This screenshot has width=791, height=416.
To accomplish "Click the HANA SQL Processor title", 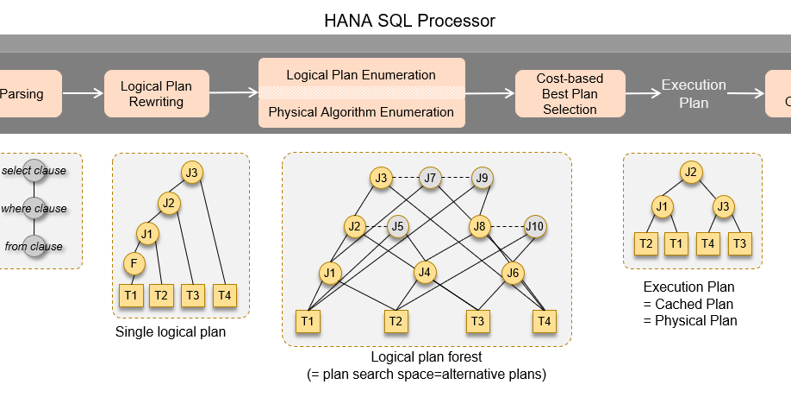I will pos(409,19).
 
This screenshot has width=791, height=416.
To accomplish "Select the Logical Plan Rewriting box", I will pos(156,93).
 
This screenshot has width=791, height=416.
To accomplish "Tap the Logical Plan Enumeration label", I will pos(361,75).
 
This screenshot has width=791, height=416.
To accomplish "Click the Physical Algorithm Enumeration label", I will pos(361,111).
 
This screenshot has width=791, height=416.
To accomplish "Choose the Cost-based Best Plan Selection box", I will pos(570,93).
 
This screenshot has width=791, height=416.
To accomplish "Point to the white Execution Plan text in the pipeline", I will pos(694,93).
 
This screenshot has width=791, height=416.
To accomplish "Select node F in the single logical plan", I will pos(133,262).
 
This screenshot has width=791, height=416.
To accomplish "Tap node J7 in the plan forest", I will pos(431,179).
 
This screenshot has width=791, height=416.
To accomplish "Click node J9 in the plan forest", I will pos(482,179).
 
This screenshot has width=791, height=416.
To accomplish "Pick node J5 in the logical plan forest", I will pos(396,227).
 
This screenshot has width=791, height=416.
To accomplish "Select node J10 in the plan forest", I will pos(535,227).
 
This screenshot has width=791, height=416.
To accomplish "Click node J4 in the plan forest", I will pos(424,273).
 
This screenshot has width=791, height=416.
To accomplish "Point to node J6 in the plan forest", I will pos(513,273).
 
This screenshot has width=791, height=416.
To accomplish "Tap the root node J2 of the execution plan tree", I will pos(690,172).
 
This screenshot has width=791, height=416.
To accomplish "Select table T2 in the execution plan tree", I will pos(645,244).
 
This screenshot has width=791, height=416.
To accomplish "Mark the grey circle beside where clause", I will pos(34,208).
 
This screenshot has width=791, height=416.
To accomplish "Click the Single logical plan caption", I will pos(171,331).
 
